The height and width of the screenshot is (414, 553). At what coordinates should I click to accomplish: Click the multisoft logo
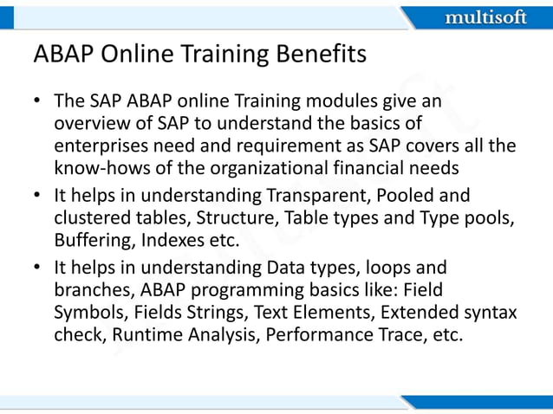[x=485, y=16]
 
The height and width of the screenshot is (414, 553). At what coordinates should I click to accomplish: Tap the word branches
[x=90, y=292]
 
